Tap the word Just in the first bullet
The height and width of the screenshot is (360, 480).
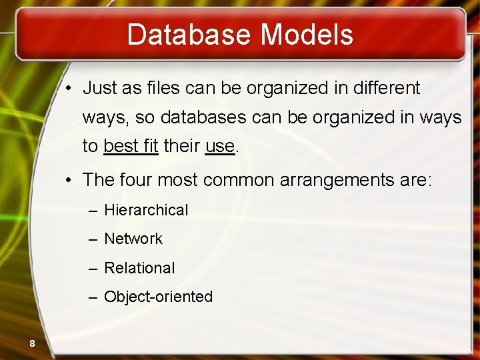coord(100,88)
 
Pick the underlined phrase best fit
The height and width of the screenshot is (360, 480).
coord(131,147)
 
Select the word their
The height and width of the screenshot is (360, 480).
coord(182,147)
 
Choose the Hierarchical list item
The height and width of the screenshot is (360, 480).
coord(146,210)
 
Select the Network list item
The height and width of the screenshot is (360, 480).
coord(133,239)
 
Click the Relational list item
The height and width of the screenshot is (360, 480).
coord(139,268)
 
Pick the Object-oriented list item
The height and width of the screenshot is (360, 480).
coord(158,297)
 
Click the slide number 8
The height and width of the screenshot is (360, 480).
coord(31,343)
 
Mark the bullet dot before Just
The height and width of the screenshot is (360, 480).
coord(69,89)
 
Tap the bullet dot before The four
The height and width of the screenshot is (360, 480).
coord(69,181)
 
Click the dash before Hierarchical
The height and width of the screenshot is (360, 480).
coord(93,211)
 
